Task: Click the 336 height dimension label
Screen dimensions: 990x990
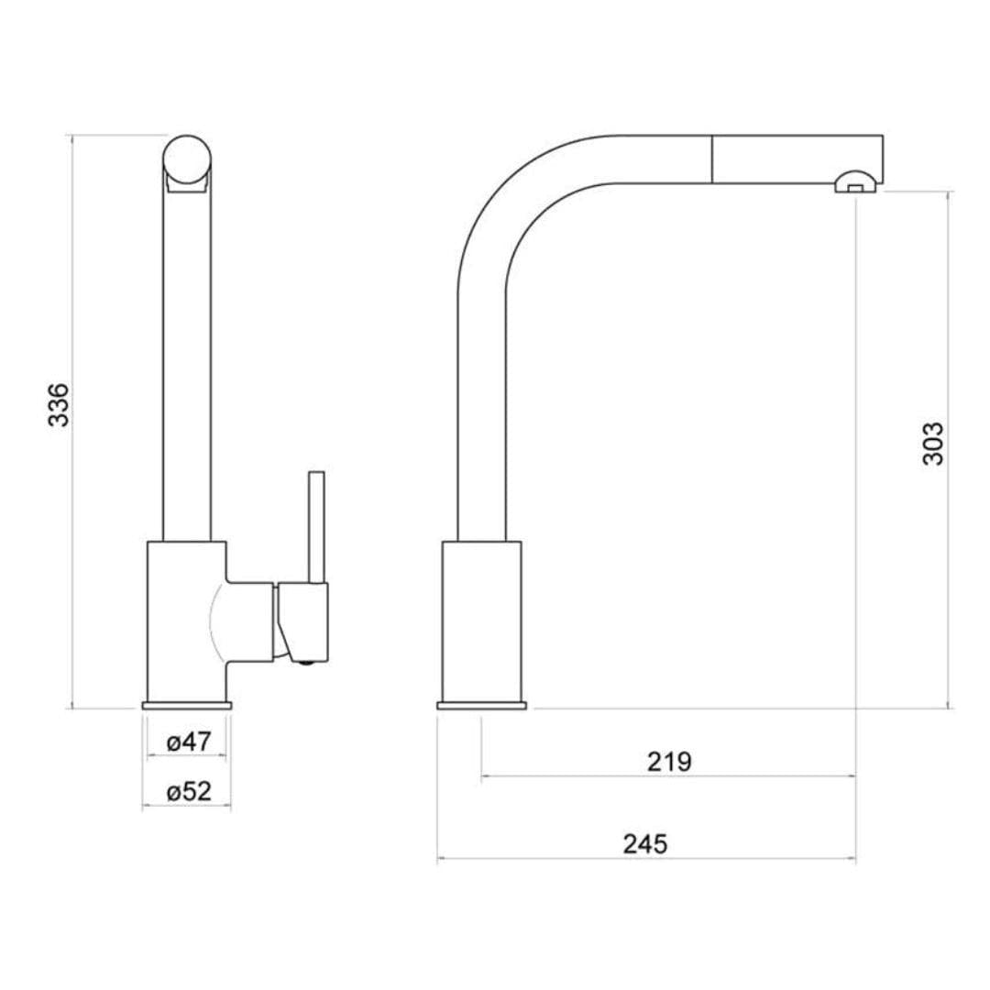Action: pyautogui.click(x=58, y=404)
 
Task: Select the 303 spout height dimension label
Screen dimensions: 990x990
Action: pyautogui.click(x=932, y=444)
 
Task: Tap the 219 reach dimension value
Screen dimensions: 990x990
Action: pyautogui.click(x=669, y=762)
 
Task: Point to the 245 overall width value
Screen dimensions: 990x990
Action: pyautogui.click(x=645, y=844)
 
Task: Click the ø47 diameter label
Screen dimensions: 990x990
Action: pyautogui.click(x=190, y=742)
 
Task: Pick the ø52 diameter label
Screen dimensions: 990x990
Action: pyautogui.click(x=190, y=792)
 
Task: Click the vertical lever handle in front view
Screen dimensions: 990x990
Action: pyautogui.click(x=316, y=526)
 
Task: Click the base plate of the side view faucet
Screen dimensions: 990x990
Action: pyautogui.click(x=482, y=705)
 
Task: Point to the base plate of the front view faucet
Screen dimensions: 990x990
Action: pyautogui.click(x=187, y=705)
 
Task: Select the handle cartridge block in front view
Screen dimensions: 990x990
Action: pyautogui.click(x=302, y=619)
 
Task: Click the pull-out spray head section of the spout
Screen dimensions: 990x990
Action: pyautogui.click(x=797, y=159)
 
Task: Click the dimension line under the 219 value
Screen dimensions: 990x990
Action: pyautogui.click(x=669, y=776)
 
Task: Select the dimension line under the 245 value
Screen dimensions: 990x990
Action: pyautogui.click(x=645, y=860)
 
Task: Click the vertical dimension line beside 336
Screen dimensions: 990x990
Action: pyautogui.click(x=72, y=550)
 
